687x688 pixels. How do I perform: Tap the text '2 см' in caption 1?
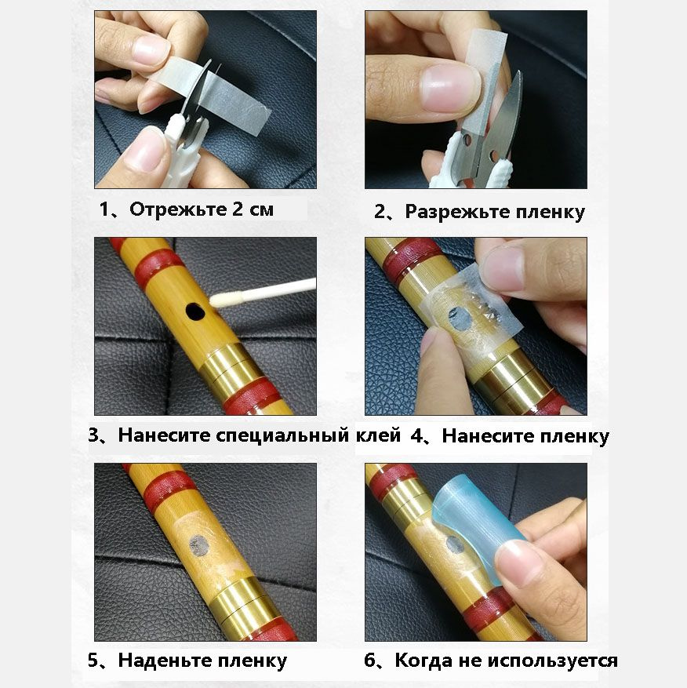pos(253,209)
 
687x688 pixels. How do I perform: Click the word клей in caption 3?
pos(378,435)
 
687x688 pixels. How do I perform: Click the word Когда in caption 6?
pos(423,660)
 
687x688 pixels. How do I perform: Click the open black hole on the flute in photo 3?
pos(194,311)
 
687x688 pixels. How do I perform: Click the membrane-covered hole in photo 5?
pos(199,545)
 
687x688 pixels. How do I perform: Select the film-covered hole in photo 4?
pos(460,319)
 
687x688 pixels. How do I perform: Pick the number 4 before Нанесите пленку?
pos(416,435)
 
